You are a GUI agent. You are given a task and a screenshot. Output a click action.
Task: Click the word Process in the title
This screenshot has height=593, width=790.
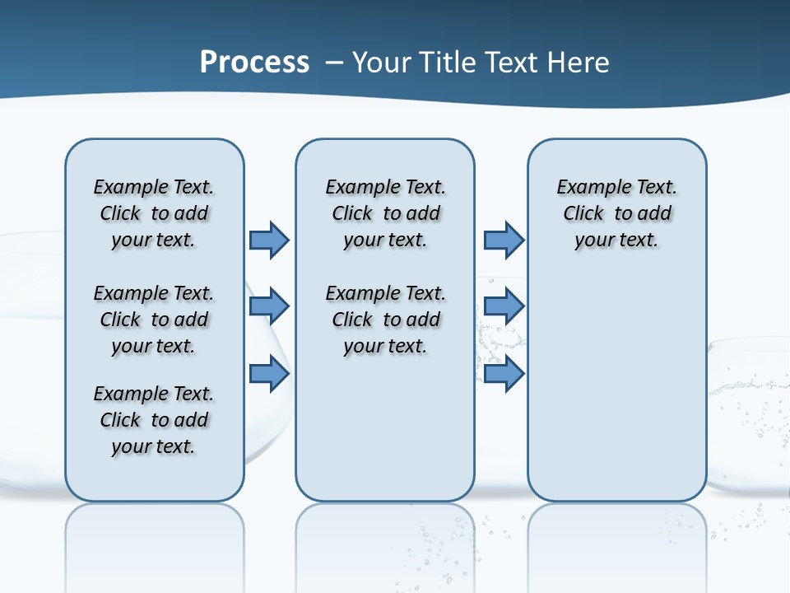click(254, 63)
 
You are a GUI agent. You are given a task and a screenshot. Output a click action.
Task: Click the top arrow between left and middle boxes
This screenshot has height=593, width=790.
click(269, 240)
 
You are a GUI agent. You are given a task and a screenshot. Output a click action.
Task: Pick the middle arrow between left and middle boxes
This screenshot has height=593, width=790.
click(269, 306)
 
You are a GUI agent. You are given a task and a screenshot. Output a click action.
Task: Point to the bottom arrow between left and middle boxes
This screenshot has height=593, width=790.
click(269, 374)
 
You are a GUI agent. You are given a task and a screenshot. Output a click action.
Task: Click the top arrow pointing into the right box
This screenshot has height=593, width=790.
click(504, 240)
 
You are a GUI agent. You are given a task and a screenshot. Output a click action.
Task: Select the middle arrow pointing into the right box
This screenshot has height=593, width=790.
click(504, 306)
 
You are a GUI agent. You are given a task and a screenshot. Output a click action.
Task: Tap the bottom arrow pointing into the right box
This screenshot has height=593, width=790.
click(504, 374)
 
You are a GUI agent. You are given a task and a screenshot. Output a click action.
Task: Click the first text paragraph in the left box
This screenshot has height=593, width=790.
click(154, 213)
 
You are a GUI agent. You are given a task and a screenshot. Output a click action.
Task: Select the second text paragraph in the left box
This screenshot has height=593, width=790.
click(154, 320)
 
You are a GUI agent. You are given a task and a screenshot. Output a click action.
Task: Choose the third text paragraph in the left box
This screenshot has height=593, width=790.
click(154, 420)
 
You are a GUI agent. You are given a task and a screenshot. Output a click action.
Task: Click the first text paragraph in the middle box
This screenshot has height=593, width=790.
click(385, 213)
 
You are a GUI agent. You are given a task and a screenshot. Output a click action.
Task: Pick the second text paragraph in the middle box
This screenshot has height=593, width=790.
click(385, 320)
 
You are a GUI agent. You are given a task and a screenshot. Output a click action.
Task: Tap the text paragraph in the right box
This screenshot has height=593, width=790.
click(616, 213)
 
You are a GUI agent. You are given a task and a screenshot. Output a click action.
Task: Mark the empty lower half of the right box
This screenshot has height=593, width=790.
click(616, 395)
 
